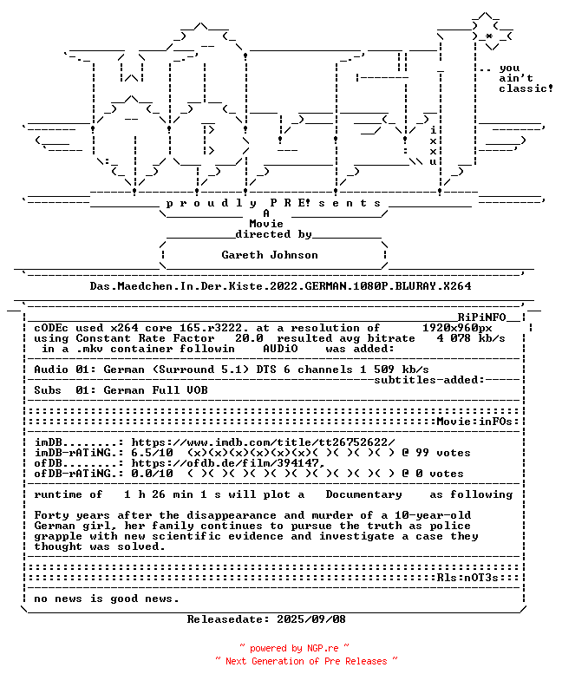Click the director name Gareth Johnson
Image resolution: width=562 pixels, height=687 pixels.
[270, 255]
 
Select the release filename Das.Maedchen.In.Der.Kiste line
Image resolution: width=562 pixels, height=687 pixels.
[281, 285]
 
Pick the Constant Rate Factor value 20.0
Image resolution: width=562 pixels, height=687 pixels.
[250, 338]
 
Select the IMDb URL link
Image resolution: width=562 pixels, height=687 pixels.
[263, 442]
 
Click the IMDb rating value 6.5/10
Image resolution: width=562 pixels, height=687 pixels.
[152, 453]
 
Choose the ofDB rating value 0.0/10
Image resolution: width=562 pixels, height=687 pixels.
[152, 474]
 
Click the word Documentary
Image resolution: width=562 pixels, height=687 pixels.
[363, 494]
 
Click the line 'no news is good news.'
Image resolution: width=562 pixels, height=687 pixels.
[107, 599]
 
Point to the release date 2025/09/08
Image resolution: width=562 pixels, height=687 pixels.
[311, 619]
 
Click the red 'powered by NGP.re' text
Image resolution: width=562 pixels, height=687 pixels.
[295, 648]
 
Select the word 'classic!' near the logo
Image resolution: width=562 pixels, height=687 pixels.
[526, 88]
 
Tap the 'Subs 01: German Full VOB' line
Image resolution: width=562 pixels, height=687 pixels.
[121, 390]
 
